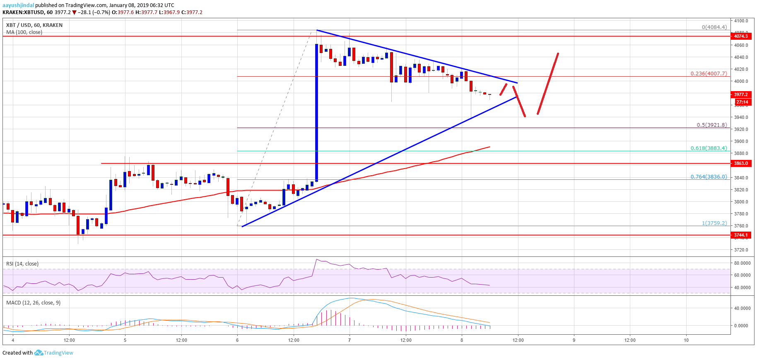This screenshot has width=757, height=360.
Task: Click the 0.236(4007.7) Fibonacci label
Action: tap(708, 73)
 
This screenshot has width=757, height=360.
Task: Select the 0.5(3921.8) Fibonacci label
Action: tap(711, 125)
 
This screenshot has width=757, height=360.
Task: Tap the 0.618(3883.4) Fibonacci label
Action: tap(708, 148)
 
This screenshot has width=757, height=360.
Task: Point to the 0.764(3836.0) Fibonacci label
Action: tap(708, 176)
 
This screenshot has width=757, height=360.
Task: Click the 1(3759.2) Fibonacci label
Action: tap(714, 223)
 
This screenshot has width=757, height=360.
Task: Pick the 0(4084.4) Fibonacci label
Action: tap(714, 27)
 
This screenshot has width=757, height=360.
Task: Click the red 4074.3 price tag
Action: tap(741, 36)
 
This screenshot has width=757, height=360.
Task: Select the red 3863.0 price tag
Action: tap(741, 163)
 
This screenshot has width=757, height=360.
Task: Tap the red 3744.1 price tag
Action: tap(741, 235)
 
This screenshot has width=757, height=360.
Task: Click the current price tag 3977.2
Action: tap(741, 94)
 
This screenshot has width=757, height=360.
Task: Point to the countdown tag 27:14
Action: tap(742, 102)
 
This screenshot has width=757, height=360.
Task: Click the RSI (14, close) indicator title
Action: tap(22, 263)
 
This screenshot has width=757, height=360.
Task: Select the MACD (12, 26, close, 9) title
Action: tap(33, 302)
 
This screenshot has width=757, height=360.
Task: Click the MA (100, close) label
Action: tap(24, 32)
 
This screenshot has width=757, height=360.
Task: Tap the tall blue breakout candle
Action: tap(316, 112)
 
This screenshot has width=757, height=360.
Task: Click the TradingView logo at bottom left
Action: tap(54, 353)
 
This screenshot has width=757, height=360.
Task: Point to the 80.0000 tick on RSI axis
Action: tap(742, 263)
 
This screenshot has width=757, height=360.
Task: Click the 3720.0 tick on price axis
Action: tap(741, 250)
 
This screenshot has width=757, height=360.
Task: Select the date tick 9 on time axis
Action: tap(574, 340)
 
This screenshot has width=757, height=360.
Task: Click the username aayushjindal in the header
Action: tap(18, 5)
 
